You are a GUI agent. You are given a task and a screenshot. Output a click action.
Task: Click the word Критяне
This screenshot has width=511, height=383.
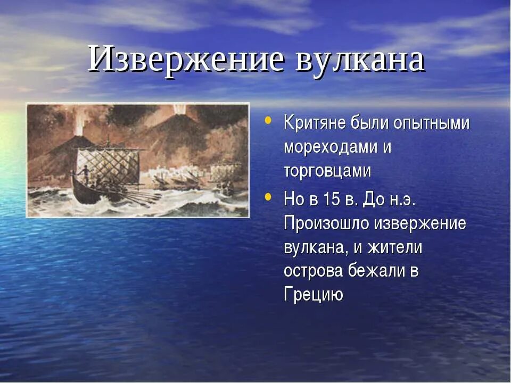[315, 123]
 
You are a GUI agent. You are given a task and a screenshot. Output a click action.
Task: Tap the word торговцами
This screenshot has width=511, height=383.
[327, 171]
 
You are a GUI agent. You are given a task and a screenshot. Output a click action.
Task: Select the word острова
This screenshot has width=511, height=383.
[314, 271]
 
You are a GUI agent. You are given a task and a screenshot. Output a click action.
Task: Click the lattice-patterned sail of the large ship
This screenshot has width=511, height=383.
[109, 165]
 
